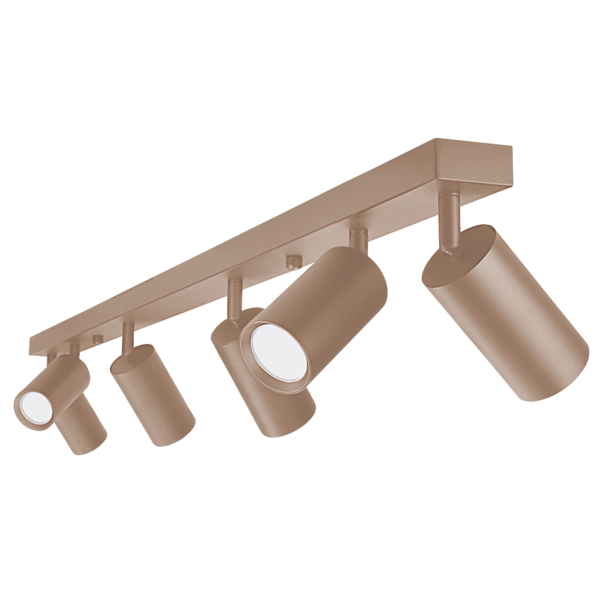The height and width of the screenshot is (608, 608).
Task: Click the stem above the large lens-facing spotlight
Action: coord(359,242)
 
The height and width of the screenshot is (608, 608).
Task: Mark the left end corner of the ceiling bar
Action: coord(32,348)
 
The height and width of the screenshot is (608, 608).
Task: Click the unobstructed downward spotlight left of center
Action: coord(154,396)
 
